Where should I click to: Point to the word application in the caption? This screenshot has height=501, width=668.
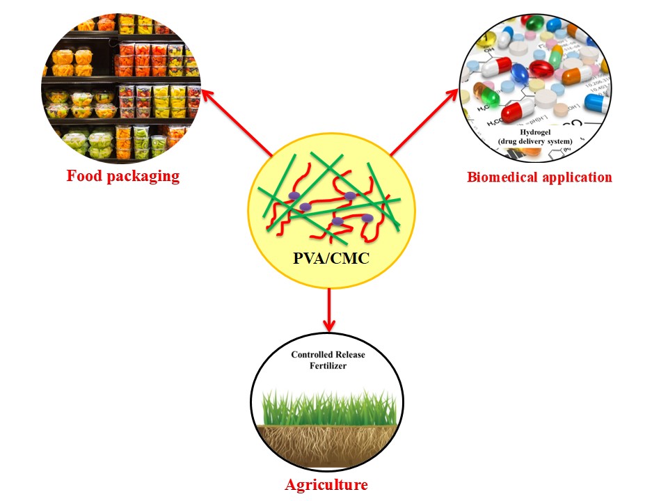point(577,177)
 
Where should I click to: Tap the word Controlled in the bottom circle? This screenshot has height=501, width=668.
point(309,355)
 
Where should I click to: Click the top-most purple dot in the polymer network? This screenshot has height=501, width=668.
point(351,196)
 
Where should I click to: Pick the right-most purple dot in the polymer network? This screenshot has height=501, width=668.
point(367,218)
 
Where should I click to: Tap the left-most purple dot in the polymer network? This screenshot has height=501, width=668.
point(295,196)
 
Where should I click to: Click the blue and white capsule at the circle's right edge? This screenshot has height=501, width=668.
point(595,103)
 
